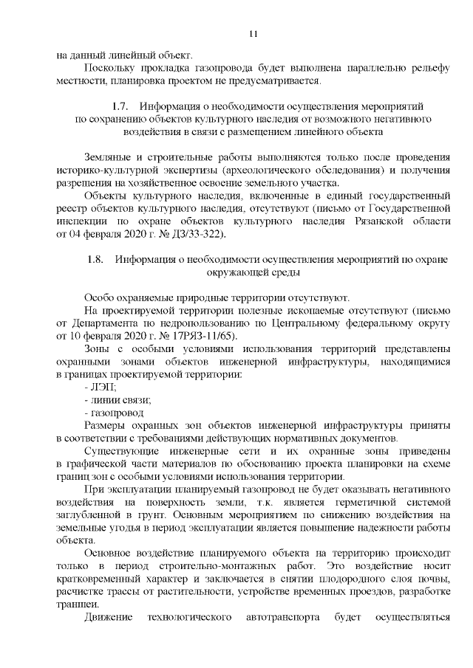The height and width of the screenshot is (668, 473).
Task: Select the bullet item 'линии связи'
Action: pos(119,400)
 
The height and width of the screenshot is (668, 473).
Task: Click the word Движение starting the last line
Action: pos(108,616)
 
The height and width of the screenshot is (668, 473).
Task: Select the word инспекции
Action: pos(82,222)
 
